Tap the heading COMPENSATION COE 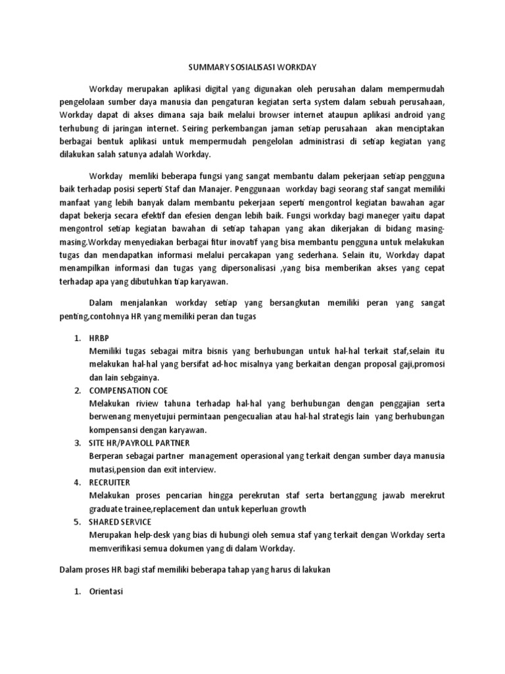click(x=127, y=390)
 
